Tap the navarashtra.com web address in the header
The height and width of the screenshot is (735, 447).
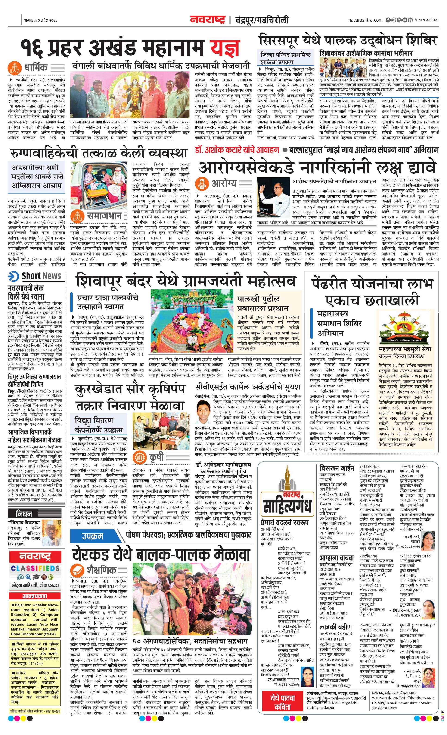coord(365,20)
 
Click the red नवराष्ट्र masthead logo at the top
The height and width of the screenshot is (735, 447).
coord(208,20)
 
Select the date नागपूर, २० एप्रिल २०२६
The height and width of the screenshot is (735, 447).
coord(40,20)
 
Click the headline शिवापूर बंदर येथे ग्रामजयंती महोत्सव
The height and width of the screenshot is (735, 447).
coord(186,280)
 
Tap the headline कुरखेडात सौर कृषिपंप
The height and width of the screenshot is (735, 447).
coord(130,389)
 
